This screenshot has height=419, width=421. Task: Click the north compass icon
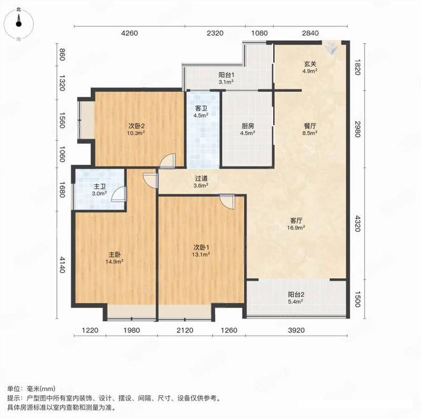click(18, 24)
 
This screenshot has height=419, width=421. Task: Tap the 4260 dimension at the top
click(129, 33)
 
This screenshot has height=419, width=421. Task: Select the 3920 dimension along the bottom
click(296, 330)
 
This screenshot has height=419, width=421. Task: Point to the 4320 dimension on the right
click(357, 223)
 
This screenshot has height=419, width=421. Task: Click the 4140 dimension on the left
click(62, 265)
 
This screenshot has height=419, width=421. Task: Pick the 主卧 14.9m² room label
click(115, 258)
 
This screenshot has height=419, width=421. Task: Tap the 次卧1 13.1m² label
click(201, 251)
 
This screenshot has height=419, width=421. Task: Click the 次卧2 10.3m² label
click(136, 129)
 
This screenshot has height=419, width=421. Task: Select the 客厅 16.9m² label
click(296, 224)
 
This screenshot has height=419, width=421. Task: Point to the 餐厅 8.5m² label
click(310, 129)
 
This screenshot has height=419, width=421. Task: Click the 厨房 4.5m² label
click(247, 129)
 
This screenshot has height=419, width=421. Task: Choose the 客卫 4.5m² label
click(201, 112)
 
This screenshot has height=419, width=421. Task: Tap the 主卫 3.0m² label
click(99, 189)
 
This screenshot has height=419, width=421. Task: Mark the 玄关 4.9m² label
click(310, 67)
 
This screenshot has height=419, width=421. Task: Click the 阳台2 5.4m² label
click(296, 297)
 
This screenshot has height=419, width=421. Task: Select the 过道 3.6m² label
click(201, 182)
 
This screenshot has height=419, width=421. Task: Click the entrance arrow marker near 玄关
click(332, 48)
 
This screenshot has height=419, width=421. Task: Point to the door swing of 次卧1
click(227, 201)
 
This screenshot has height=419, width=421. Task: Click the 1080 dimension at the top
click(259, 33)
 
